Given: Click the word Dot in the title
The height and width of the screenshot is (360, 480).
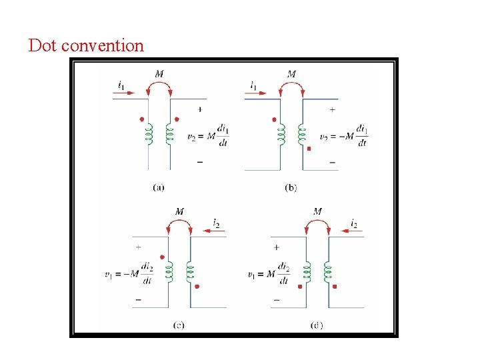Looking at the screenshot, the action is tap(43, 46).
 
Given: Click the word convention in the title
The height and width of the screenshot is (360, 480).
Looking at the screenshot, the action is tap(102, 46).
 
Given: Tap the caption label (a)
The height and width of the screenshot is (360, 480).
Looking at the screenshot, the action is tap(159, 188).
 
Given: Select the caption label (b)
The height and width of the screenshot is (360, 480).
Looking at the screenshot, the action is tap(291, 188).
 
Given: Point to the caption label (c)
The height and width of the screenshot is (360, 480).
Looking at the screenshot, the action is tap(179, 325).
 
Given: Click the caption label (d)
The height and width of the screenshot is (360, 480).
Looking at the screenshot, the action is tap(317, 325).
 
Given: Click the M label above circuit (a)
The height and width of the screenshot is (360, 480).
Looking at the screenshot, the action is tap(159, 73).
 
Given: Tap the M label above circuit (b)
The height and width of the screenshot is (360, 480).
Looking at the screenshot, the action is tap(291, 73).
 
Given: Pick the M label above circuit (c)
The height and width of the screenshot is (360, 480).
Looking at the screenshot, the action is tap(179, 211).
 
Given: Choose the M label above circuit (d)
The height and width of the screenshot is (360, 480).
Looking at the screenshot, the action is tap(317, 211).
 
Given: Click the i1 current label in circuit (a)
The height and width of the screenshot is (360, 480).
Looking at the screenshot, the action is tap(121, 85).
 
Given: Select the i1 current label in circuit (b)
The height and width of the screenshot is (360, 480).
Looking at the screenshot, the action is tap(254, 85).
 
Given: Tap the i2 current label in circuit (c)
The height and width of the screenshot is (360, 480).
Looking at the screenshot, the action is tap(217, 223).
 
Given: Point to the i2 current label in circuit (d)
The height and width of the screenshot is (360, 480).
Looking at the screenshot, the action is tap(353, 223).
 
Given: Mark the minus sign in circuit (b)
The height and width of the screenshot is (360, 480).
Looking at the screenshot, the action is tap(332, 162).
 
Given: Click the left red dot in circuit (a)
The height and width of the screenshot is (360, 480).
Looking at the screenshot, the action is tap(141, 120).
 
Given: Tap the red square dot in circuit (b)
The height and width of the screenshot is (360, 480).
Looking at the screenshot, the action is tap(309, 149).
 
